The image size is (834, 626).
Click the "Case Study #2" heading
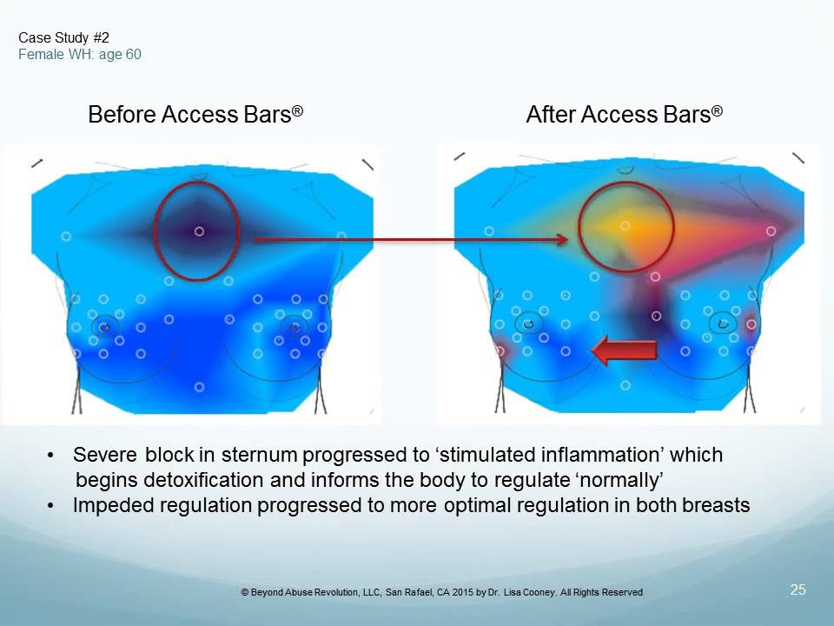point(63,37)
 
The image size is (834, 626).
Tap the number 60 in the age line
point(134,54)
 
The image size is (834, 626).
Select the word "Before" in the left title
point(122,115)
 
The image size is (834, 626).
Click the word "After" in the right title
point(551,115)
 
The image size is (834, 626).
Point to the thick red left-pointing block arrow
point(625,350)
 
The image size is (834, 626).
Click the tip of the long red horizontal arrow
point(568,240)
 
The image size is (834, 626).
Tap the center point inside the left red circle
point(199,231)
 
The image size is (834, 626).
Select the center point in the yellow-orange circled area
point(625,226)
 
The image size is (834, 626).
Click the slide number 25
point(798,589)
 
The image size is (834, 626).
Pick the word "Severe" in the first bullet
point(104,455)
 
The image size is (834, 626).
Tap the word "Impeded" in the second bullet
point(106,505)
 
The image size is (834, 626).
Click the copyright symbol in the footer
point(245,592)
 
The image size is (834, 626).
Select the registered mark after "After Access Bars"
point(717,110)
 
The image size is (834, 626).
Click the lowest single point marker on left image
point(199,387)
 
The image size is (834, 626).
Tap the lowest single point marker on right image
point(625,385)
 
